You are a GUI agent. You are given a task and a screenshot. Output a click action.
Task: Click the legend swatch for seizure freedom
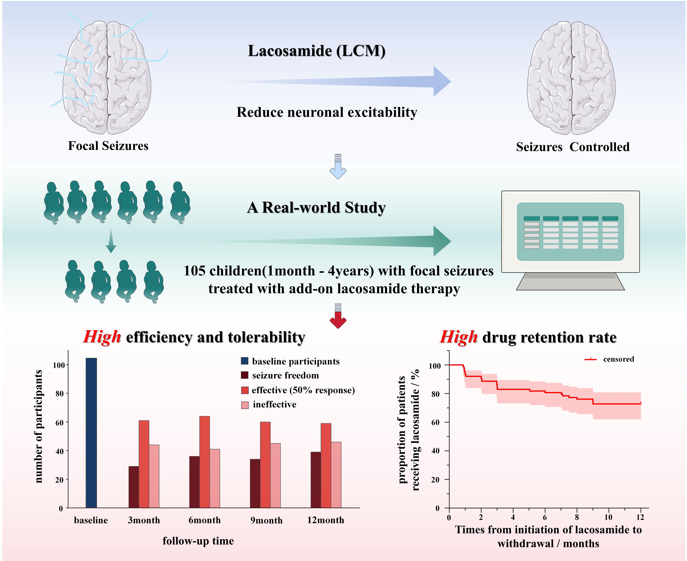(x=245, y=375)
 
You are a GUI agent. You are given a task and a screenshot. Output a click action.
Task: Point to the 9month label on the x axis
(x=266, y=520)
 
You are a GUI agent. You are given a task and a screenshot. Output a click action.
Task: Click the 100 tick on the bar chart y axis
(x=59, y=365)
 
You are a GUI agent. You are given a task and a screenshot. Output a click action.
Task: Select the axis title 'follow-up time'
(x=198, y=541)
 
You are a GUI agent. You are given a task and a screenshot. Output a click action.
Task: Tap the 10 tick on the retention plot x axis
(x=608, y=517)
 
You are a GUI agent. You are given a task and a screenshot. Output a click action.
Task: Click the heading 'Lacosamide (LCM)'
(x=317, y=51)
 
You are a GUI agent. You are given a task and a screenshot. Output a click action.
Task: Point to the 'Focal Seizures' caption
(x=108, y=146)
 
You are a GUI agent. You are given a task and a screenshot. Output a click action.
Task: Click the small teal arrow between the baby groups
(x=111, y=241)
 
